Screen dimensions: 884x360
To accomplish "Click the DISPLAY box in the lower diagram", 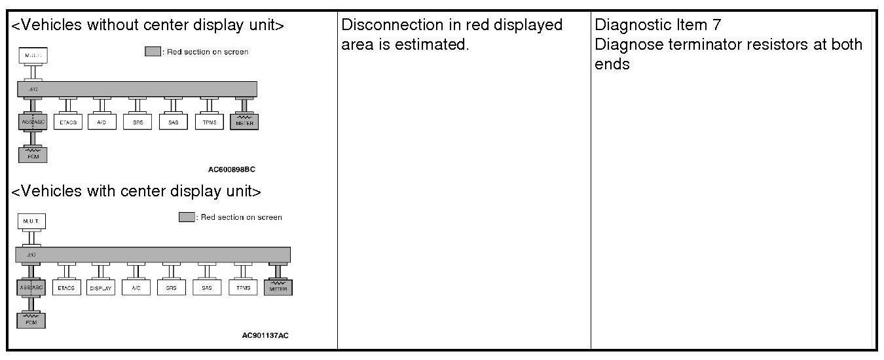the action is [x=101, y=288].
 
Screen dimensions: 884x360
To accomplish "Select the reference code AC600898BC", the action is [x=231, y=169].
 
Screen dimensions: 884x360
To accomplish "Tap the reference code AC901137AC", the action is [x=265, y=335].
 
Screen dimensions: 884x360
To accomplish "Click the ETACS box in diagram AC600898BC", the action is [x=68, y=122].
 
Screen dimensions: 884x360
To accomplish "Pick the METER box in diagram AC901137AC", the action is [x=278, y=287].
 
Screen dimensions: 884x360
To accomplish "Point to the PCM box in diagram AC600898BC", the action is [x=32, y=154].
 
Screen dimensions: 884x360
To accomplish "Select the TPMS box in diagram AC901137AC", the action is [x=243, y=288].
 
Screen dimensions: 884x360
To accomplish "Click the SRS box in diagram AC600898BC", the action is [x=138, y=122].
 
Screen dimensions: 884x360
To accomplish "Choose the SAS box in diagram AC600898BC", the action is [x=174, y=122].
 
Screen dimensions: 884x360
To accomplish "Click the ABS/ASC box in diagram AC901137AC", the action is [x=31, y=287].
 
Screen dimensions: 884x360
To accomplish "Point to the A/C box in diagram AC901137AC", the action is [x=137, y=288].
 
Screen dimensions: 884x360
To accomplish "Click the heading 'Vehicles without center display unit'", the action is [x=148, y=26].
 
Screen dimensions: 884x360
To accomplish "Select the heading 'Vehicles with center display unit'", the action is [x=137, y=191].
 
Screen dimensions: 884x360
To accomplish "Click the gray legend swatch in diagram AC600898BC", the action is [x=152, y=52].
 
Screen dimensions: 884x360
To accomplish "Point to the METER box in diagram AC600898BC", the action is [x=244, y=122].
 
